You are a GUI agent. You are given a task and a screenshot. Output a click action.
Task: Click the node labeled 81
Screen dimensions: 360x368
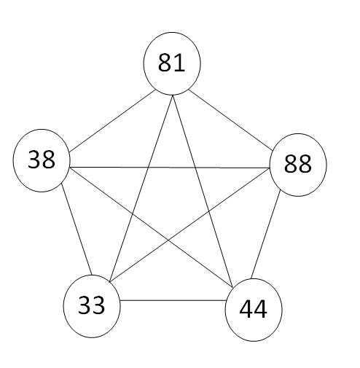(x=172, y=63)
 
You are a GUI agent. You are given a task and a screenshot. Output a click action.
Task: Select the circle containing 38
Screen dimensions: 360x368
(x=42, y=160)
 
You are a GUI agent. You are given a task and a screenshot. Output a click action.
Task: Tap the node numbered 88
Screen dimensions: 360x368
(x=298, y=165)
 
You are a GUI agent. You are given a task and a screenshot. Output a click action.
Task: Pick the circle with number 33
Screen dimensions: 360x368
(x=92, y=306)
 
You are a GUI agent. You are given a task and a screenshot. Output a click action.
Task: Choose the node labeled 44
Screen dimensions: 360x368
(x=254, y=310)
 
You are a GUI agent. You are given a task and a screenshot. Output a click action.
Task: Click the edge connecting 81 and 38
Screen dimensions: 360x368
(x=112, y=121)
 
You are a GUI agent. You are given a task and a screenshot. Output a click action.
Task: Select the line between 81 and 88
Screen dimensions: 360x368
(x=230, y=120)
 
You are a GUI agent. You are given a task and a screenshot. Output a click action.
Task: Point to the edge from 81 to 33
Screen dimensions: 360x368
(x=141, y=189)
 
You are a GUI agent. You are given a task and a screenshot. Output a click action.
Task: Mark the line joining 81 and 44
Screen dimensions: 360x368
(x=203, y=192)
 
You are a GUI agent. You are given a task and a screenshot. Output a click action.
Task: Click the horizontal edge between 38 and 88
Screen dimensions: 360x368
(x=170, y=168)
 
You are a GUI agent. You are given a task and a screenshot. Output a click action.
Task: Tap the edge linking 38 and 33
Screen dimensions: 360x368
(x=77, y=229)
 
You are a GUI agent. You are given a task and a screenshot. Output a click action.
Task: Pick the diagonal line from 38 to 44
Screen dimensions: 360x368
(x=152, y=227)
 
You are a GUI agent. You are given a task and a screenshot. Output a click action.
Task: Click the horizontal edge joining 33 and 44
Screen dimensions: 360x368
(x=173, y=300)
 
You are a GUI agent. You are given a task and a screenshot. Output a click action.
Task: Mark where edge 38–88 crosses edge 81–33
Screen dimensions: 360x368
(x=148, y=168)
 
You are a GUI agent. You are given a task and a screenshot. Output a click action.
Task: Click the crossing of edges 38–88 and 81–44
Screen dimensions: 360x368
(x=195, y=168)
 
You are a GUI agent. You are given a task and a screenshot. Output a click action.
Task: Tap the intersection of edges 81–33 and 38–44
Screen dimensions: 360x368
(x=133, y=214)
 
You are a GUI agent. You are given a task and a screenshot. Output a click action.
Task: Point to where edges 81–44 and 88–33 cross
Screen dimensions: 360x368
(x=208, y=211)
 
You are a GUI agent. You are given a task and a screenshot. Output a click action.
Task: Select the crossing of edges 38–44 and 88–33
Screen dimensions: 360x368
(x=168, y=240)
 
